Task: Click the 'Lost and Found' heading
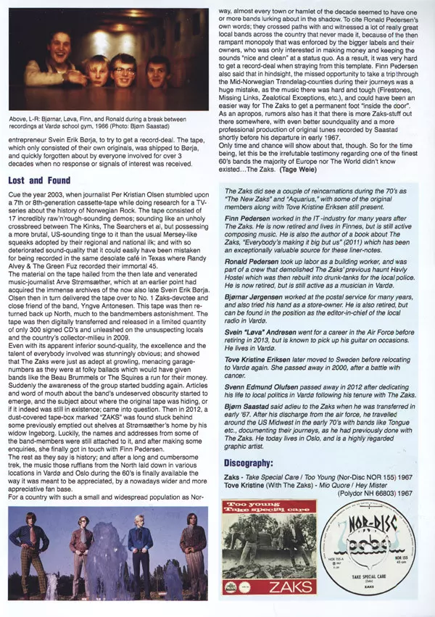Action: [40, 181]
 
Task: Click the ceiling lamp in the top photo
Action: [133, 13]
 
